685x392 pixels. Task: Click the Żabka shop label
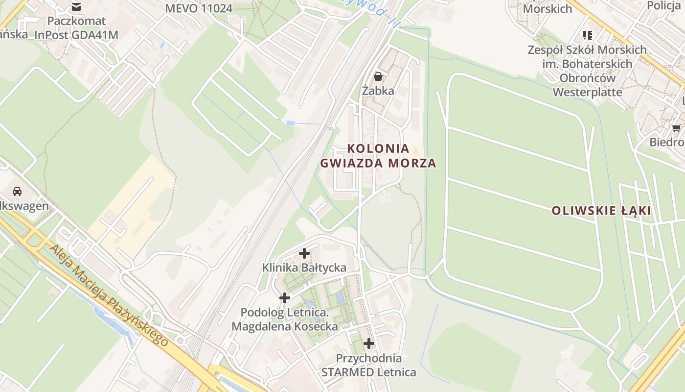coord(378,91)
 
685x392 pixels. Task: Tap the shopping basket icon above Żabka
coord(378,76)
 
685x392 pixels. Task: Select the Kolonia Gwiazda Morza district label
coord(378,156)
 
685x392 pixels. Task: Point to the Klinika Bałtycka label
coord(304,268)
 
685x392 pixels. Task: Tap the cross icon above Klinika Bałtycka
coord(304,253)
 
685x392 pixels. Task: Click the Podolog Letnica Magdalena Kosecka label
coord(285,319)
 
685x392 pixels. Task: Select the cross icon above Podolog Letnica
coord(284,297)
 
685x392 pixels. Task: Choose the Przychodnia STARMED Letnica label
coord(369,365)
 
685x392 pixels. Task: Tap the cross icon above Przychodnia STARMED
coord(369,343)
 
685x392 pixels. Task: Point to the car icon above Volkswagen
coord(17,191)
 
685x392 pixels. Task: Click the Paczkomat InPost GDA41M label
coord(76,28)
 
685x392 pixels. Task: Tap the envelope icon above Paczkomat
coord(76,7)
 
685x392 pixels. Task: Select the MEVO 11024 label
coord(199,8)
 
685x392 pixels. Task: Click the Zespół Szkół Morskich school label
coord(587,71)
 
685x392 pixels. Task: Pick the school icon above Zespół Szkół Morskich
coord(587,35)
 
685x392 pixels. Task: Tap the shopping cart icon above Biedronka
coord(676,128)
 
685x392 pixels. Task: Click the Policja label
coord(664,5)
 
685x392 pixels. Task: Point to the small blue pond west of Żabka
coord(291,122)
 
